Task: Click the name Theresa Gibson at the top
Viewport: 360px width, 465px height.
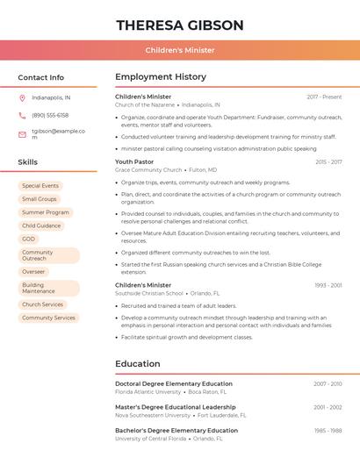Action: [180, 25]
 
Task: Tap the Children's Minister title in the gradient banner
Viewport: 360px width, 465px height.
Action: [180, 50]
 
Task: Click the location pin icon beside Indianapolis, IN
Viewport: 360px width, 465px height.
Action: [22, 97]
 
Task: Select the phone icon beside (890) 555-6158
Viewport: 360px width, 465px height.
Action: [22, 115]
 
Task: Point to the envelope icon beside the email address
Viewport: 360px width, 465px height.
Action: [22, 134]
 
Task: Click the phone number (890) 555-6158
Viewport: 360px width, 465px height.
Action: [50, 115]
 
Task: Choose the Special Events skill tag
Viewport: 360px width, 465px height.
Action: [40, 186]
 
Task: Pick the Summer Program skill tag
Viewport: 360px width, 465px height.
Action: [45, 212]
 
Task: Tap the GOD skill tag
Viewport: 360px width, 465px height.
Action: [29, 239]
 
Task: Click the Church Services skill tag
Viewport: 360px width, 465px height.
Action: [42, 304]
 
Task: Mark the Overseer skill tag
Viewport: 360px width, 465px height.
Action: [33, 272]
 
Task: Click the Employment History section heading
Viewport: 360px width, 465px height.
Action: [161, 77]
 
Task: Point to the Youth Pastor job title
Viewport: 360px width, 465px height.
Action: [134, 162]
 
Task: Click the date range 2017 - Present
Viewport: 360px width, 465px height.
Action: [324, 97]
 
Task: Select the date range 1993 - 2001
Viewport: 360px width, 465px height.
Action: [328, 285]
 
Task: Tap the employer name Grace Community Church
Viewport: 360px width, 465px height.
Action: [148, 170]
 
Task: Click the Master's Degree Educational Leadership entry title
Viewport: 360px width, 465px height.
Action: [176, 407]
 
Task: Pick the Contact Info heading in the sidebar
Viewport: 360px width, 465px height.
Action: [40, 77]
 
